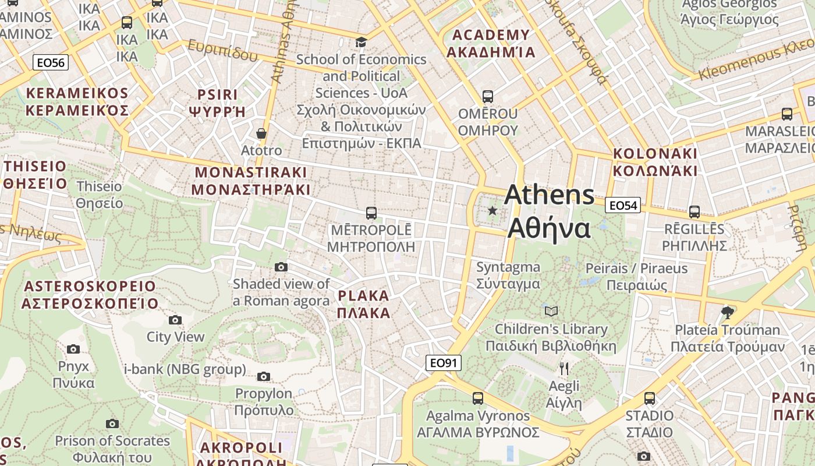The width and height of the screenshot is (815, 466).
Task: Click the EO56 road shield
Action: point(51,62)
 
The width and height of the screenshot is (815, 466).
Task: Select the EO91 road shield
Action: point(443,363)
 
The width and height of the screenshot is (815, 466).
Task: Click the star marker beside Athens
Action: point(492,210)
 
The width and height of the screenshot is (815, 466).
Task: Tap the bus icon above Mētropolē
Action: point(371,213)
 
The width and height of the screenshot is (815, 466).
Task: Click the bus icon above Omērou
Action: point(488,97)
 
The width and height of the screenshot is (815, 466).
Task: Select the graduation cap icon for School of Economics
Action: point(362,42)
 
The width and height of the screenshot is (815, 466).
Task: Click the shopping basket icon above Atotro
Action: point(261,134)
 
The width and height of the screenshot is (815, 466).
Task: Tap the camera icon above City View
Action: point(175,320)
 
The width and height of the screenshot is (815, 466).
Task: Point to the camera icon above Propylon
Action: point(264,377)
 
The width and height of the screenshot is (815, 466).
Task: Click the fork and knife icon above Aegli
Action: point(564,368)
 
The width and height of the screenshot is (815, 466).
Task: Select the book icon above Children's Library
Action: point(551,312)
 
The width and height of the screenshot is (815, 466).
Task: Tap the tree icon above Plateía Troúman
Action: point(727,313)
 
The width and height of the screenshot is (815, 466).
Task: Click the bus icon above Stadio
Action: point(650,398)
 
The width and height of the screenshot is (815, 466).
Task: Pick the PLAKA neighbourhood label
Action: point(364,304)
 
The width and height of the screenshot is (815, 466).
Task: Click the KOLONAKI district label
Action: point(655,162)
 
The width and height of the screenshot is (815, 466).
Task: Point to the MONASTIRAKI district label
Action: point(250,181)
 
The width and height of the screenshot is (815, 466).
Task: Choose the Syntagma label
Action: point(508,276)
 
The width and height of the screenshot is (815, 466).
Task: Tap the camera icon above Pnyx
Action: point(73,349)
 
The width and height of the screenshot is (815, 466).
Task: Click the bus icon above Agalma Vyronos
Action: point(478,398)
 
